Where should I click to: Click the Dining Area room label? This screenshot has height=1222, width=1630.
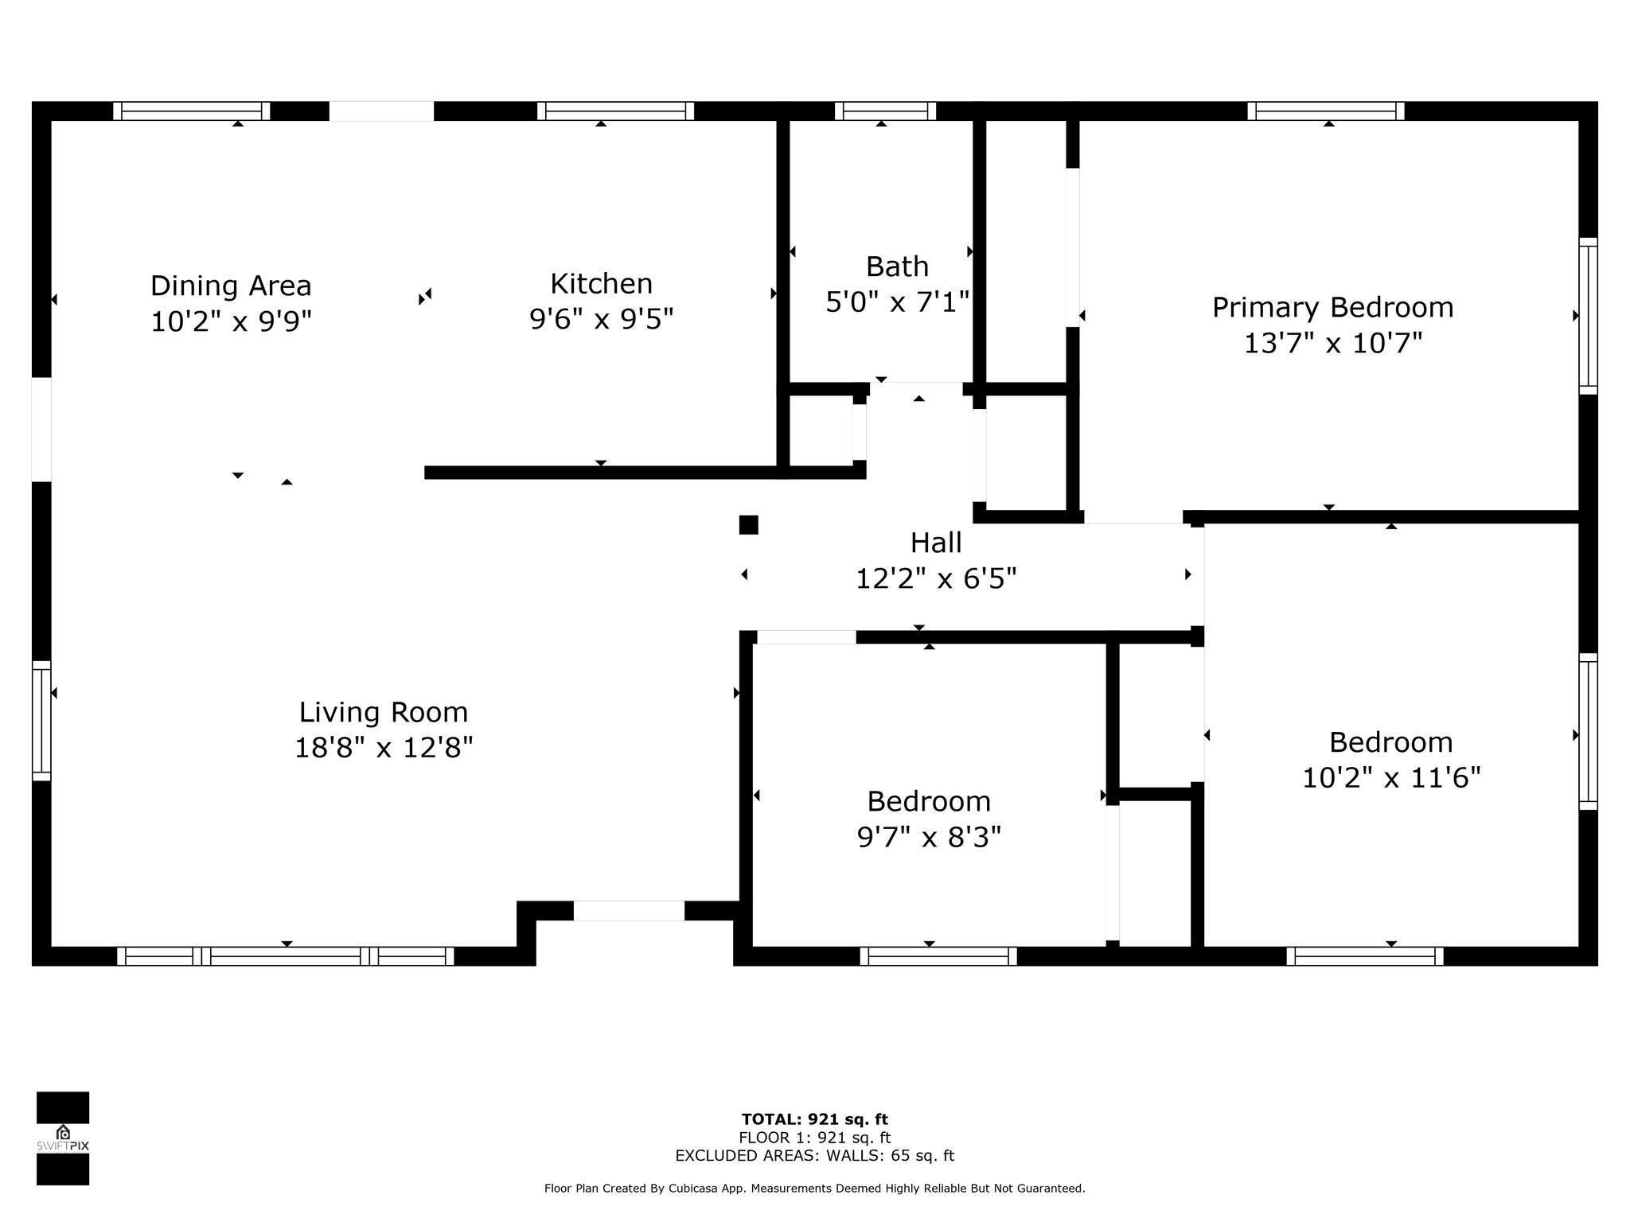pos(231,286)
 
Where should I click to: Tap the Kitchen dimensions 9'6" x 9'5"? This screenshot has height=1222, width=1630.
pos(602,320)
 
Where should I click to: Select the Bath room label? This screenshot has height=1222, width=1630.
pos(897,267)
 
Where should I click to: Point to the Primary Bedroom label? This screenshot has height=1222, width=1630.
pos(1332,308)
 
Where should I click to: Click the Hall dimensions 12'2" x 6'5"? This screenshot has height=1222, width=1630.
pos(936,579)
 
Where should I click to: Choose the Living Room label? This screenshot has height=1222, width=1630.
pos(384,713)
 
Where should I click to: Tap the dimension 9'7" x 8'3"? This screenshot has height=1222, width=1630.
pos(929,838)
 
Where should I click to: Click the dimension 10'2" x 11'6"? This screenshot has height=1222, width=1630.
pos(1391,778)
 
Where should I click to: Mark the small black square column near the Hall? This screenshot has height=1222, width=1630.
pos(748,525)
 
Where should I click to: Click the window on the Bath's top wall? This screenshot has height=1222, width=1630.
pos(885,111)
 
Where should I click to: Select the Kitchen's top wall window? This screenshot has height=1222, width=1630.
pos(615,111)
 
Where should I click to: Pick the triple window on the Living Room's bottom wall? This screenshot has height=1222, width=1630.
pos(286,956)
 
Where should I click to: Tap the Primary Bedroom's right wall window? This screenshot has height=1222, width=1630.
pos(1588,316)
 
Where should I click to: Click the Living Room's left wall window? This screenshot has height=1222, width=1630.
pos(41,721)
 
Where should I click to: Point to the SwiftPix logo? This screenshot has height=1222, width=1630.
pos(63,1138)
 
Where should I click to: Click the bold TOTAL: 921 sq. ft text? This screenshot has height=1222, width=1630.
pos(815,1120)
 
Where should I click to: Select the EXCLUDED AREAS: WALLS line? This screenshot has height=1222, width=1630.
pos(815,1156)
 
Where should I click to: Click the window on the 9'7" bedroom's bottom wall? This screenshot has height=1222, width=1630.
pos(938,956)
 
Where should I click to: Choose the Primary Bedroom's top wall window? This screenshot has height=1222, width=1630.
pos(1326,111)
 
